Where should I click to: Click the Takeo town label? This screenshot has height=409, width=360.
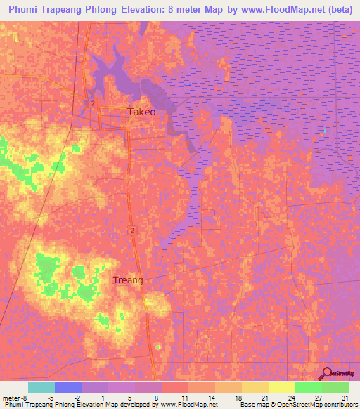pos(141,112)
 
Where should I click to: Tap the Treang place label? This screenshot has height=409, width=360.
pos(128,280)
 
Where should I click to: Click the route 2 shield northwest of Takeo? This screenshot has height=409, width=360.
pos(92,103)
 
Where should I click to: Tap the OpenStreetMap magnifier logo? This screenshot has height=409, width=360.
pos(326,373)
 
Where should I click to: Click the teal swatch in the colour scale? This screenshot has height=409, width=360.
pos(41,387)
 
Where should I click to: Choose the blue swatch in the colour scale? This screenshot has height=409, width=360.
pos(68,387)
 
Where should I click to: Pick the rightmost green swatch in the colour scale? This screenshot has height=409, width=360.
pos(335,387)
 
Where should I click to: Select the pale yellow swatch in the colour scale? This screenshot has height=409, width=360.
pos(282,387)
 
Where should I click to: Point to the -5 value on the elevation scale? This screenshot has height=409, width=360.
pos(51,398)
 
